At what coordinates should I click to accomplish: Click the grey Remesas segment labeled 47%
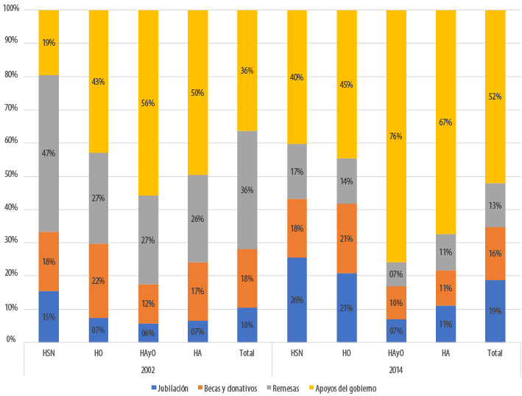pyautogui.click(x=49, y=153)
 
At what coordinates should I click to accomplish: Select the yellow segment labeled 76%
pyautogui.click(x=396, y=136)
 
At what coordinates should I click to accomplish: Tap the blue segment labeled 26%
pyautogui.click(x=297, y=299)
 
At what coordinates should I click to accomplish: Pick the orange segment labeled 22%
pyautogui.click(x=98, y=281)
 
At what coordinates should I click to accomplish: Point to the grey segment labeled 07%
pyautogui.click(x=396, y=274)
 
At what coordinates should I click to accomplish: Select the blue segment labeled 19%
pyautogui.click(x=495, y=311)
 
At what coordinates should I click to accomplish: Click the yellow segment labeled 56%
pyautogui.click(x=148, y=103)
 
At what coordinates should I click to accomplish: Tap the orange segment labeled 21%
pyautogui.click(x=346, y=238)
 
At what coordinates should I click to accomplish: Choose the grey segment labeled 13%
pyautogui.click(x=495, y=205)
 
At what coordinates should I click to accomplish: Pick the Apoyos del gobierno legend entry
pyautogui.click(x=345, y=388)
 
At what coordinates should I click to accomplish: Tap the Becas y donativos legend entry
pyautogui.click(x=228, y=388)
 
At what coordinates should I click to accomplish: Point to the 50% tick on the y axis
pyautogui.click(x=10, y=176)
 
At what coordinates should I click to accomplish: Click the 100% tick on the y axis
pyautogui.click(x=10, y=9)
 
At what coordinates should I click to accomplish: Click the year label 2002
pyautogui.click(x=147, y=369)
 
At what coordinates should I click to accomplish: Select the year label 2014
pyautogui.click(x=396, y=369)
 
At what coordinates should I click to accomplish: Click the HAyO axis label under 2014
pyautogui.click(x=396, y=353)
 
